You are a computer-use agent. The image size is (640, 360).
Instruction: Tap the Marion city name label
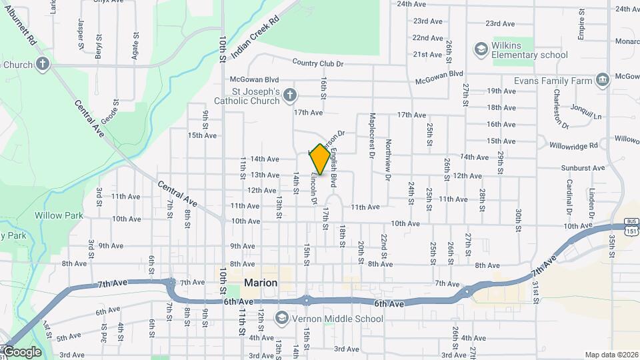point(261,283)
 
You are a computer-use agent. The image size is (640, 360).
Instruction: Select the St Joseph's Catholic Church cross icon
point(289,95)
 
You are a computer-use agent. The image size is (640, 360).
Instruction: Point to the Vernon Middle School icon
point(281,318)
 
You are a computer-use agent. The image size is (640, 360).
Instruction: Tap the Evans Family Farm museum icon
point(603,81)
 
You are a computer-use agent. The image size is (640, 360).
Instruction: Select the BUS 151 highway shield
point(631,226)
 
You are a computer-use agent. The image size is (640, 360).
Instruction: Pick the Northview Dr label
point(387,160)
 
